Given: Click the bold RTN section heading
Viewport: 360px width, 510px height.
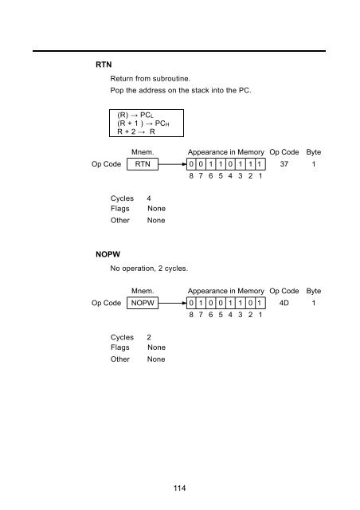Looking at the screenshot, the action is click(104, 65).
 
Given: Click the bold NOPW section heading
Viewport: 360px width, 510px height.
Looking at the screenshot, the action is click(108, 254).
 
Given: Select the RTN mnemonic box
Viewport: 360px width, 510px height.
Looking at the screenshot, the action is click(143, 164).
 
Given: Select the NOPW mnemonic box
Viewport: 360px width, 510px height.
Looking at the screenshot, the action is click(143, 303).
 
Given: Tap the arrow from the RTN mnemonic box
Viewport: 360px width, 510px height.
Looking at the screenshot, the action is click(172, 164).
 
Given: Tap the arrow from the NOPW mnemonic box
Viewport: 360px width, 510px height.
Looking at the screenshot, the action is click(172, 303).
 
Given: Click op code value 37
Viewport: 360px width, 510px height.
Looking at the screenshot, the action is click(284, 164).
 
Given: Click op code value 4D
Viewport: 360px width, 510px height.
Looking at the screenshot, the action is click(284, 303).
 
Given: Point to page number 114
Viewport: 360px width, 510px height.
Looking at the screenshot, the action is click(179, 488).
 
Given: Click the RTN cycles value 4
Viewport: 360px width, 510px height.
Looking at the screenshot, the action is click(149, 198).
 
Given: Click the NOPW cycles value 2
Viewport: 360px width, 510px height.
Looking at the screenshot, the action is click(149, 337).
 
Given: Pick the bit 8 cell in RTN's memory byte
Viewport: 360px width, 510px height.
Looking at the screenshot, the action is click(191, 164).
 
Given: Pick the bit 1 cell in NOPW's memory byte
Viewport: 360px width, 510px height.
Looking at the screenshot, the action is click(260, 303).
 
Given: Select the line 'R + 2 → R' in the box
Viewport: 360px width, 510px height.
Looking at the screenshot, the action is click(136, 131).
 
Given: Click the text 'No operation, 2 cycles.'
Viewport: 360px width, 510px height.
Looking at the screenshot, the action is click(149, 269).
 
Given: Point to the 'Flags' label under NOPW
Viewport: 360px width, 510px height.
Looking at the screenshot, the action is click(119, 347).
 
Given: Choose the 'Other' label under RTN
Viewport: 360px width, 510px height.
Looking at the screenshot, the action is click(120, 220).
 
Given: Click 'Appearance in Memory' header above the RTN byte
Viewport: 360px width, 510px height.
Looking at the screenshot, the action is click(225, 152).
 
